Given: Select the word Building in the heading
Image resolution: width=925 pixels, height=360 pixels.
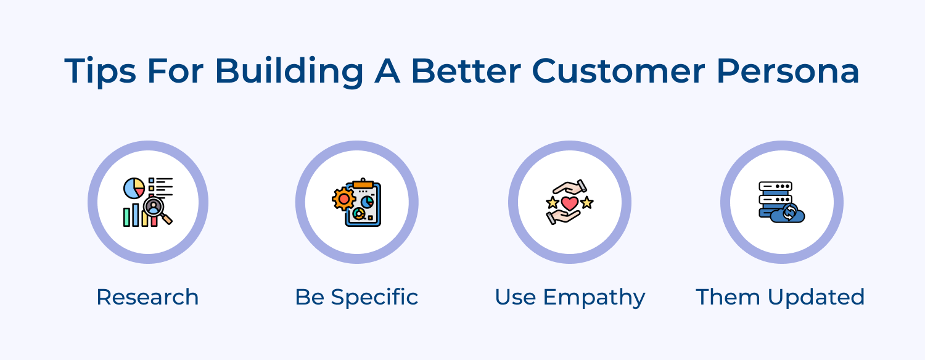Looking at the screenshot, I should click(x=289, y=72).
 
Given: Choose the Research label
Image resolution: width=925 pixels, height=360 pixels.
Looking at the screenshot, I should click(x=147, y=297).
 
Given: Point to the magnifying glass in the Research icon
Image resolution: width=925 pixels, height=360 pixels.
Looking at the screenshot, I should click(x=155, y=208).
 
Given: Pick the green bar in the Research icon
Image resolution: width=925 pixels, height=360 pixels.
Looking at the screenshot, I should click(x=126, y=217).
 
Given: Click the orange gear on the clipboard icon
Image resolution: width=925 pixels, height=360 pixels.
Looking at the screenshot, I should click(x=343, y=199).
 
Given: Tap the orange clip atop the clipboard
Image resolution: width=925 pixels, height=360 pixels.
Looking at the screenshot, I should click(x=363, y=183).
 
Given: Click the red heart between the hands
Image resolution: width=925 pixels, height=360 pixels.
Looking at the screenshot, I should click(x=569, y=202).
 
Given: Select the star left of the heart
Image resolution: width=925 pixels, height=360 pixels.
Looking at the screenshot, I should click(x=553, y=202).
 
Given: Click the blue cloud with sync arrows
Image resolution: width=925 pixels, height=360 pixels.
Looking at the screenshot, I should click(x=789, y=213).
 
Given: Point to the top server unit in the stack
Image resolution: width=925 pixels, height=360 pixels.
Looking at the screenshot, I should click(x=775, y=186).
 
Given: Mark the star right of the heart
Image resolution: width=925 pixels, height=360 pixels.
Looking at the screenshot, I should click(x=586, y=202).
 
